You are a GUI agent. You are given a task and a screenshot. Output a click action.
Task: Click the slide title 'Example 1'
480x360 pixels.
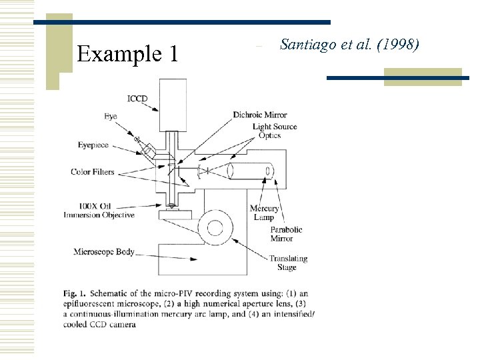(127, 53)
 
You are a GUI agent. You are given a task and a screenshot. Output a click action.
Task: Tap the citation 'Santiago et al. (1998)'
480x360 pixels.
(349, 45)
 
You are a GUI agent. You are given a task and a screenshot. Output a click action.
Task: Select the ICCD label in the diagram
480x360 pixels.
(137, 99)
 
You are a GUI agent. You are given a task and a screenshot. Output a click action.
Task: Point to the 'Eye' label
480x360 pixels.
(110, 117)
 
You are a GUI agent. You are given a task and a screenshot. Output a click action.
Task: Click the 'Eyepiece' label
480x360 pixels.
(93, 145)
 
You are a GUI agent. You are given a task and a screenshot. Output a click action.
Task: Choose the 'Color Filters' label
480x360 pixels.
(93, 172)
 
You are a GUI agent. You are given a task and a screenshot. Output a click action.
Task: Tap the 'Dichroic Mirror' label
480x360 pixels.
(260, 115)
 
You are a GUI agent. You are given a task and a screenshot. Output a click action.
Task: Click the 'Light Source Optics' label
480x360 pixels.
(275, 131)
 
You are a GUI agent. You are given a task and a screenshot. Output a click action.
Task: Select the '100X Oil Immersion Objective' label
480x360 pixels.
(99, 211)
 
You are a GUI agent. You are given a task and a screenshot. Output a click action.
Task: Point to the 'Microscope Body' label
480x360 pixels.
(105, 252)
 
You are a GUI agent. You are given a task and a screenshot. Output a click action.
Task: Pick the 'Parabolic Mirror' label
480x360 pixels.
(286, 234)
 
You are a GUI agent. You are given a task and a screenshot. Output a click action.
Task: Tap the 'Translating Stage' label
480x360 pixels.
(288, 263)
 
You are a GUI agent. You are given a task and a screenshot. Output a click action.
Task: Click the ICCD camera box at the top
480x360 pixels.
(173, 104)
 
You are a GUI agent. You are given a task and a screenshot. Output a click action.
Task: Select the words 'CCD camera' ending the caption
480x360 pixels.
(107, 325)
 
